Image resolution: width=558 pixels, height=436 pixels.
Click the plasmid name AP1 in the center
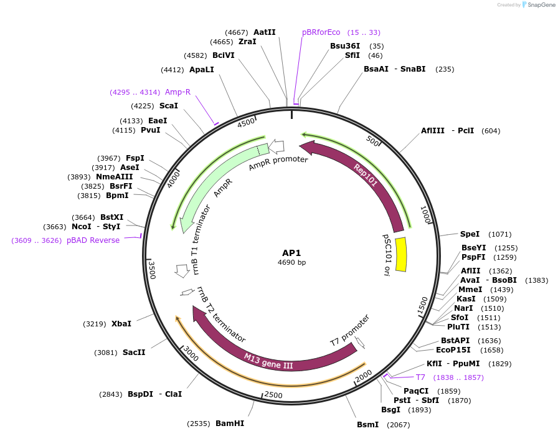[x=291, y=253]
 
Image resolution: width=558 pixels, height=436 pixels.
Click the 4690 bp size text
[x=291, y=263]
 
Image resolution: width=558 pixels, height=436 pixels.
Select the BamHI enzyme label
[x=230, y=424]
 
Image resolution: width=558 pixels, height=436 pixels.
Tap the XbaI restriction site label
[x=121, y=324]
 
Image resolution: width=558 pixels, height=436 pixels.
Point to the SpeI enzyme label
[x=470, y=234]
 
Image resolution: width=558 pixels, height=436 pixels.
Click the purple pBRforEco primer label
[x=321, y=32]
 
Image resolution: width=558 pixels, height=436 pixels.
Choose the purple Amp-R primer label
[x=177, y=92]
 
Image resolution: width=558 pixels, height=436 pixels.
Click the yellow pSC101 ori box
[x=402, y=254]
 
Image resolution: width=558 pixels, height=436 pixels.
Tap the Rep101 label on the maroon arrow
[x=366, y=175]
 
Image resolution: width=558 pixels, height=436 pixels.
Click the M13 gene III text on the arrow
[x=268, y=361]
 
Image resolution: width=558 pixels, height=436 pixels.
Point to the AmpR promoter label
[x=278, y=164]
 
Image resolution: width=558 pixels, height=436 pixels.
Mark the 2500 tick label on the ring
[x=273, y=395]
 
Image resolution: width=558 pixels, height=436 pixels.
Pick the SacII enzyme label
[x=134, y=353]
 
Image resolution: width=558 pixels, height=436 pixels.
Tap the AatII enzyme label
[x=265, y=32]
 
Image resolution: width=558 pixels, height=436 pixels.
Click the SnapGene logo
[x=537, y=5]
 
